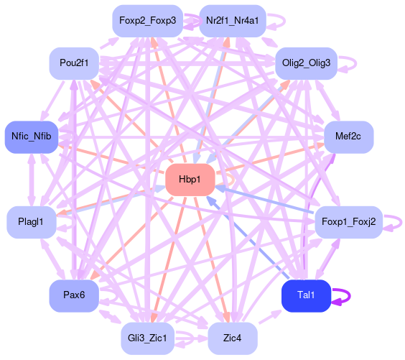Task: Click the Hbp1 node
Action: (190, 180)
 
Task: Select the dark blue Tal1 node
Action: (306, 295)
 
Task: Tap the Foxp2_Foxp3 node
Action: (147, 21)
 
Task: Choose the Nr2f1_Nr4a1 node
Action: (233, 21)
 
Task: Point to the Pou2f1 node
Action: (74, 63)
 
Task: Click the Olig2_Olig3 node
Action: (306, 63)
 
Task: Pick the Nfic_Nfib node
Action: (32, 137)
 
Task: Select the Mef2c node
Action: (348, 137)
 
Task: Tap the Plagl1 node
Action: (32, 222)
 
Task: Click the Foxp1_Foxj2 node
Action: (348, 222)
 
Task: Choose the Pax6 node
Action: (74, 295)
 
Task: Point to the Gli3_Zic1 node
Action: (147, 338)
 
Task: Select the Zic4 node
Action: (233, 338)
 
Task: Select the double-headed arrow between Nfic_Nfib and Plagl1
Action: (32, 180)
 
